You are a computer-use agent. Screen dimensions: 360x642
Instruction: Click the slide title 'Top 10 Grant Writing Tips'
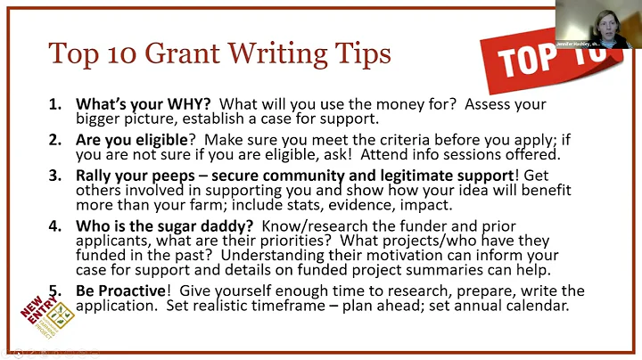[x=219, y=53]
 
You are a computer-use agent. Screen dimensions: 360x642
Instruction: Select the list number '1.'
[x=55, y=103]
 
